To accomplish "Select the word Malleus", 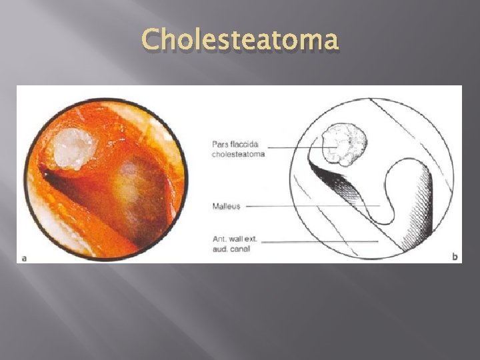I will tap(226, 206).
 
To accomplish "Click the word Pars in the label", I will tap(220, 144).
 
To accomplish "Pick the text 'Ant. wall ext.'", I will tap(234, 239).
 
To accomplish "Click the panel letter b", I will tap(455, 257).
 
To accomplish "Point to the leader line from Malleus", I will tap(313, 206).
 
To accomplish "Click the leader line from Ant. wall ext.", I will tap(320, 241).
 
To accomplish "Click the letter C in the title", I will tap(151, 40).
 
